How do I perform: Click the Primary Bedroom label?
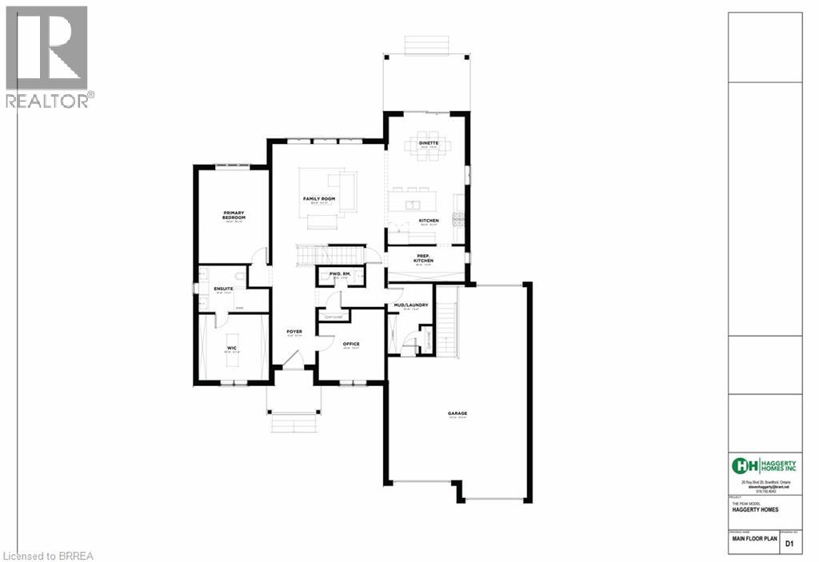pyautogui.click(x=234, y=216)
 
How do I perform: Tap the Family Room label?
pyautogui.click(x=318, y=198)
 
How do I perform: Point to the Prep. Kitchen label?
pyautogui.click(x=423, y=259)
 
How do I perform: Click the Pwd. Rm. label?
pyautogui.click(x=340, y=274)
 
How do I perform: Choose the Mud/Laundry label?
pyautogui.click(x=411, y=305)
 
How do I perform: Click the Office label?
pyautogui.click(x=351, y=344)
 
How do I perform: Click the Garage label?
pyautogui.click(x=457, y=413)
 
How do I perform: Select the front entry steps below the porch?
pyautogui.click(x=294, y=421)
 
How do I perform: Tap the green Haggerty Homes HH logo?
pyautogui.click(x=745, y=465)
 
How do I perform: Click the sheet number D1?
pyautogui.click(x=789, y=544)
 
